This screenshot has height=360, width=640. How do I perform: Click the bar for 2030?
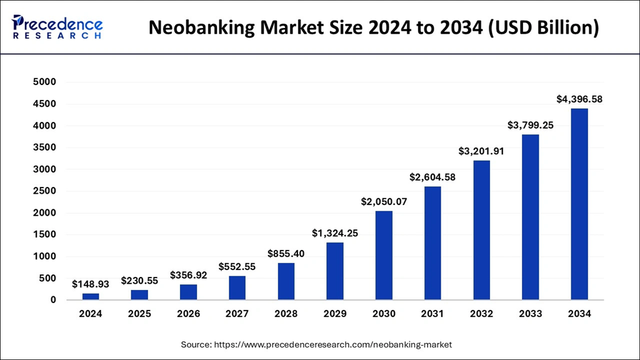(x=384, y=256)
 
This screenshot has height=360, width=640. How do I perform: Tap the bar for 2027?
(x=237, y=288)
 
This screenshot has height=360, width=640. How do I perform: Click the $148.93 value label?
(x=91, y=284)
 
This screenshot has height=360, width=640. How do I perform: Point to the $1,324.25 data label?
(x=335, y=233)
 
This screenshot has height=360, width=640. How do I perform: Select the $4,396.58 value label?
(x=579, y=99)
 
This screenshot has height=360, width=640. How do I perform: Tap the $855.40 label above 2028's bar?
(x=286, y=254)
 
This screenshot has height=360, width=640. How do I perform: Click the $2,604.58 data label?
(x=432, y=177)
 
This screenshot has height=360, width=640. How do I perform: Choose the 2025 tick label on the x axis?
(x=139, y=314)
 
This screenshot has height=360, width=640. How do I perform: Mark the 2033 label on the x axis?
(x=531, y=314)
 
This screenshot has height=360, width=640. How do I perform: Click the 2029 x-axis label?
(x=335, y=314)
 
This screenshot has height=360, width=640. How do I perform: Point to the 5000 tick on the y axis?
(x=44, y=82)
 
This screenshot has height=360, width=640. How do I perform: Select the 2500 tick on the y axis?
(x=44, y=191)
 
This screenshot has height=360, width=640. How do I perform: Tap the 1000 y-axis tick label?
(x=44, y=257)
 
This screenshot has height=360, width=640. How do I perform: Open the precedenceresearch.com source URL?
(x=334, y=344)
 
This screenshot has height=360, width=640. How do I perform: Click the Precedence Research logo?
(x=57, y=27)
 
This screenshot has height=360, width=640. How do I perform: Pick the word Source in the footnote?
(x=195, y=344)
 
